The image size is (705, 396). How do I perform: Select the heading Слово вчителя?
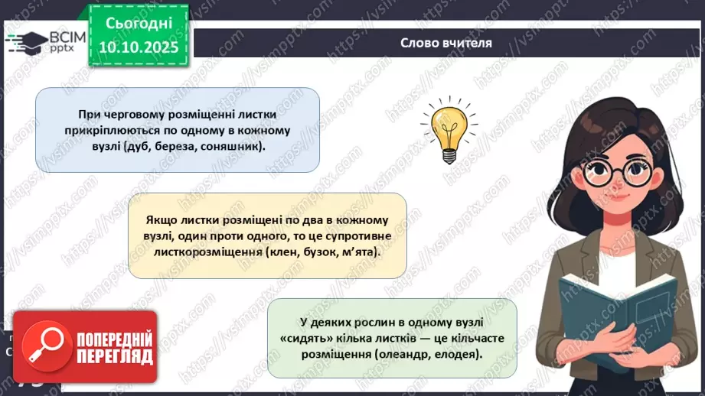[x=446, y=42]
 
